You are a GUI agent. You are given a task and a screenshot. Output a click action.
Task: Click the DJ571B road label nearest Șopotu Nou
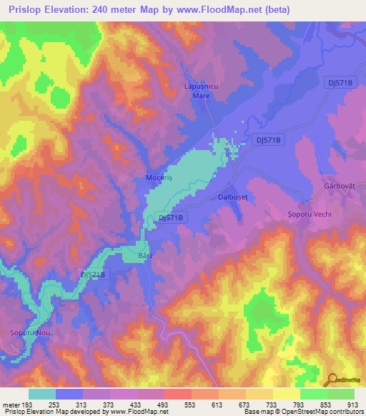(x=93, y=274)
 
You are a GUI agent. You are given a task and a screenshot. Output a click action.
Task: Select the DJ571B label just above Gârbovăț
(x=338, y=83)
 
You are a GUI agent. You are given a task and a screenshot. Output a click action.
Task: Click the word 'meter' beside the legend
(x=11, y=405)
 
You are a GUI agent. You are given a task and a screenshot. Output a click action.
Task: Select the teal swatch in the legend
(x=42, y=394)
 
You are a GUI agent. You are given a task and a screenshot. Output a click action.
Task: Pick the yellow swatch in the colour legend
(x=287, y=394)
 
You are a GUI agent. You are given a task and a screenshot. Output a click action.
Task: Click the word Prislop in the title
(x=24, y=9)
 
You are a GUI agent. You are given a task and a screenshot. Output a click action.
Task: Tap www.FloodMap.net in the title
(x=236, y=9)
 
